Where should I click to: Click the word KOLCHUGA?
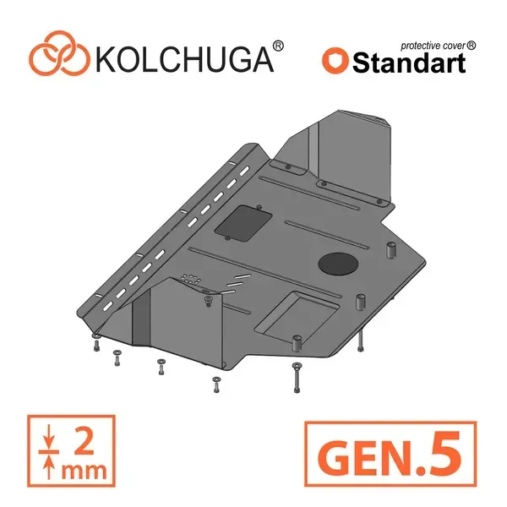[184, 59]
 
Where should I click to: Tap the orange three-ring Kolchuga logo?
[59, 54]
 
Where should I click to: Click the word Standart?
[409, 63]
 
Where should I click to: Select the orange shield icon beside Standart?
[335, 61]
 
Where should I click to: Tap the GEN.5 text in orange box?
[390, 453]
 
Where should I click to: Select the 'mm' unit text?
[84, 472]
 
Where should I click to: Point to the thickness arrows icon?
[48, 451]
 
